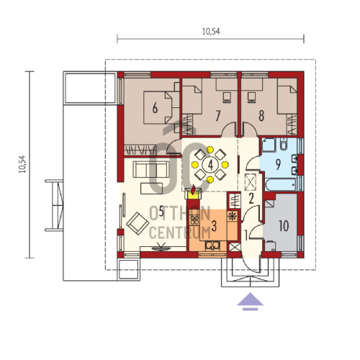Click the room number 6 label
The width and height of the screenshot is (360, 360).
(x=155, y=108)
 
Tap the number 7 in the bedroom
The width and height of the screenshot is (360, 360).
(x=217, y=116)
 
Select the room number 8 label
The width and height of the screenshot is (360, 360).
(x=261, y=116)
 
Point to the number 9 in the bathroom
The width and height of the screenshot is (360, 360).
(x=278, y=165)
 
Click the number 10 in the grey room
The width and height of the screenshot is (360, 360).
(x=284, y=226)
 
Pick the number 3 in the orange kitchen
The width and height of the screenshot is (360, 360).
(x=214, y=226)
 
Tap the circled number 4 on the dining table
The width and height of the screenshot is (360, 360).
(x=210, y=165)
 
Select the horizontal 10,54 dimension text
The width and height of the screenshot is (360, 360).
(x=211, y=32)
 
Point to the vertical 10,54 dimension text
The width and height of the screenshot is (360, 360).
(x=22, y=164)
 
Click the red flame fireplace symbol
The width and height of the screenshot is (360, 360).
(x=193, y=189)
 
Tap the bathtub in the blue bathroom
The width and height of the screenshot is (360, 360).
(x=281, y=185)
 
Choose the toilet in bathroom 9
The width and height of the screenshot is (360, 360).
(x=284, y=144)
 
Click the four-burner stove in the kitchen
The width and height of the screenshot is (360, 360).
(x=194, y=220)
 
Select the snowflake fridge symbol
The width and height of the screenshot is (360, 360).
(x=232, y=216)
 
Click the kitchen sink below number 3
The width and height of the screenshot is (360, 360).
(x=212, y=246)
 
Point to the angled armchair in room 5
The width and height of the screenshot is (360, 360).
(x=138, y=223)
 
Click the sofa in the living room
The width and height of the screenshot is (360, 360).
(x=151, y=169)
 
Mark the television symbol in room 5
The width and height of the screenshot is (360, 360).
(x=158, y=247)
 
